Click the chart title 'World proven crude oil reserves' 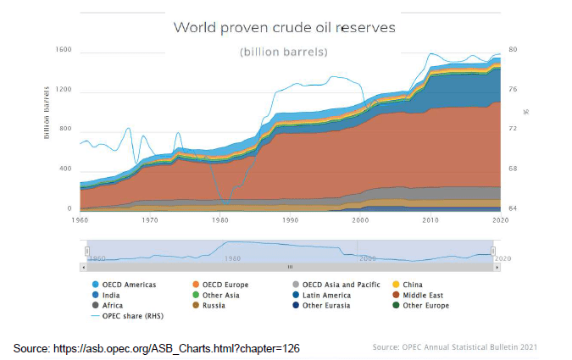(x=285, y=27)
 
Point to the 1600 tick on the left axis (x=64, y=50)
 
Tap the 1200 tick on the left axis (x=64, y=90)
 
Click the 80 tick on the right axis (x=512, y=50)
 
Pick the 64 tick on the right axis (x=512, y=208)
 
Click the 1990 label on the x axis (x=290, y=220)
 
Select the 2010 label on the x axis (x=431, y=220)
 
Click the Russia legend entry (x=214, y=305)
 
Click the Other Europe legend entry (x=428, y=305)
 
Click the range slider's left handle (x=86, y=251)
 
